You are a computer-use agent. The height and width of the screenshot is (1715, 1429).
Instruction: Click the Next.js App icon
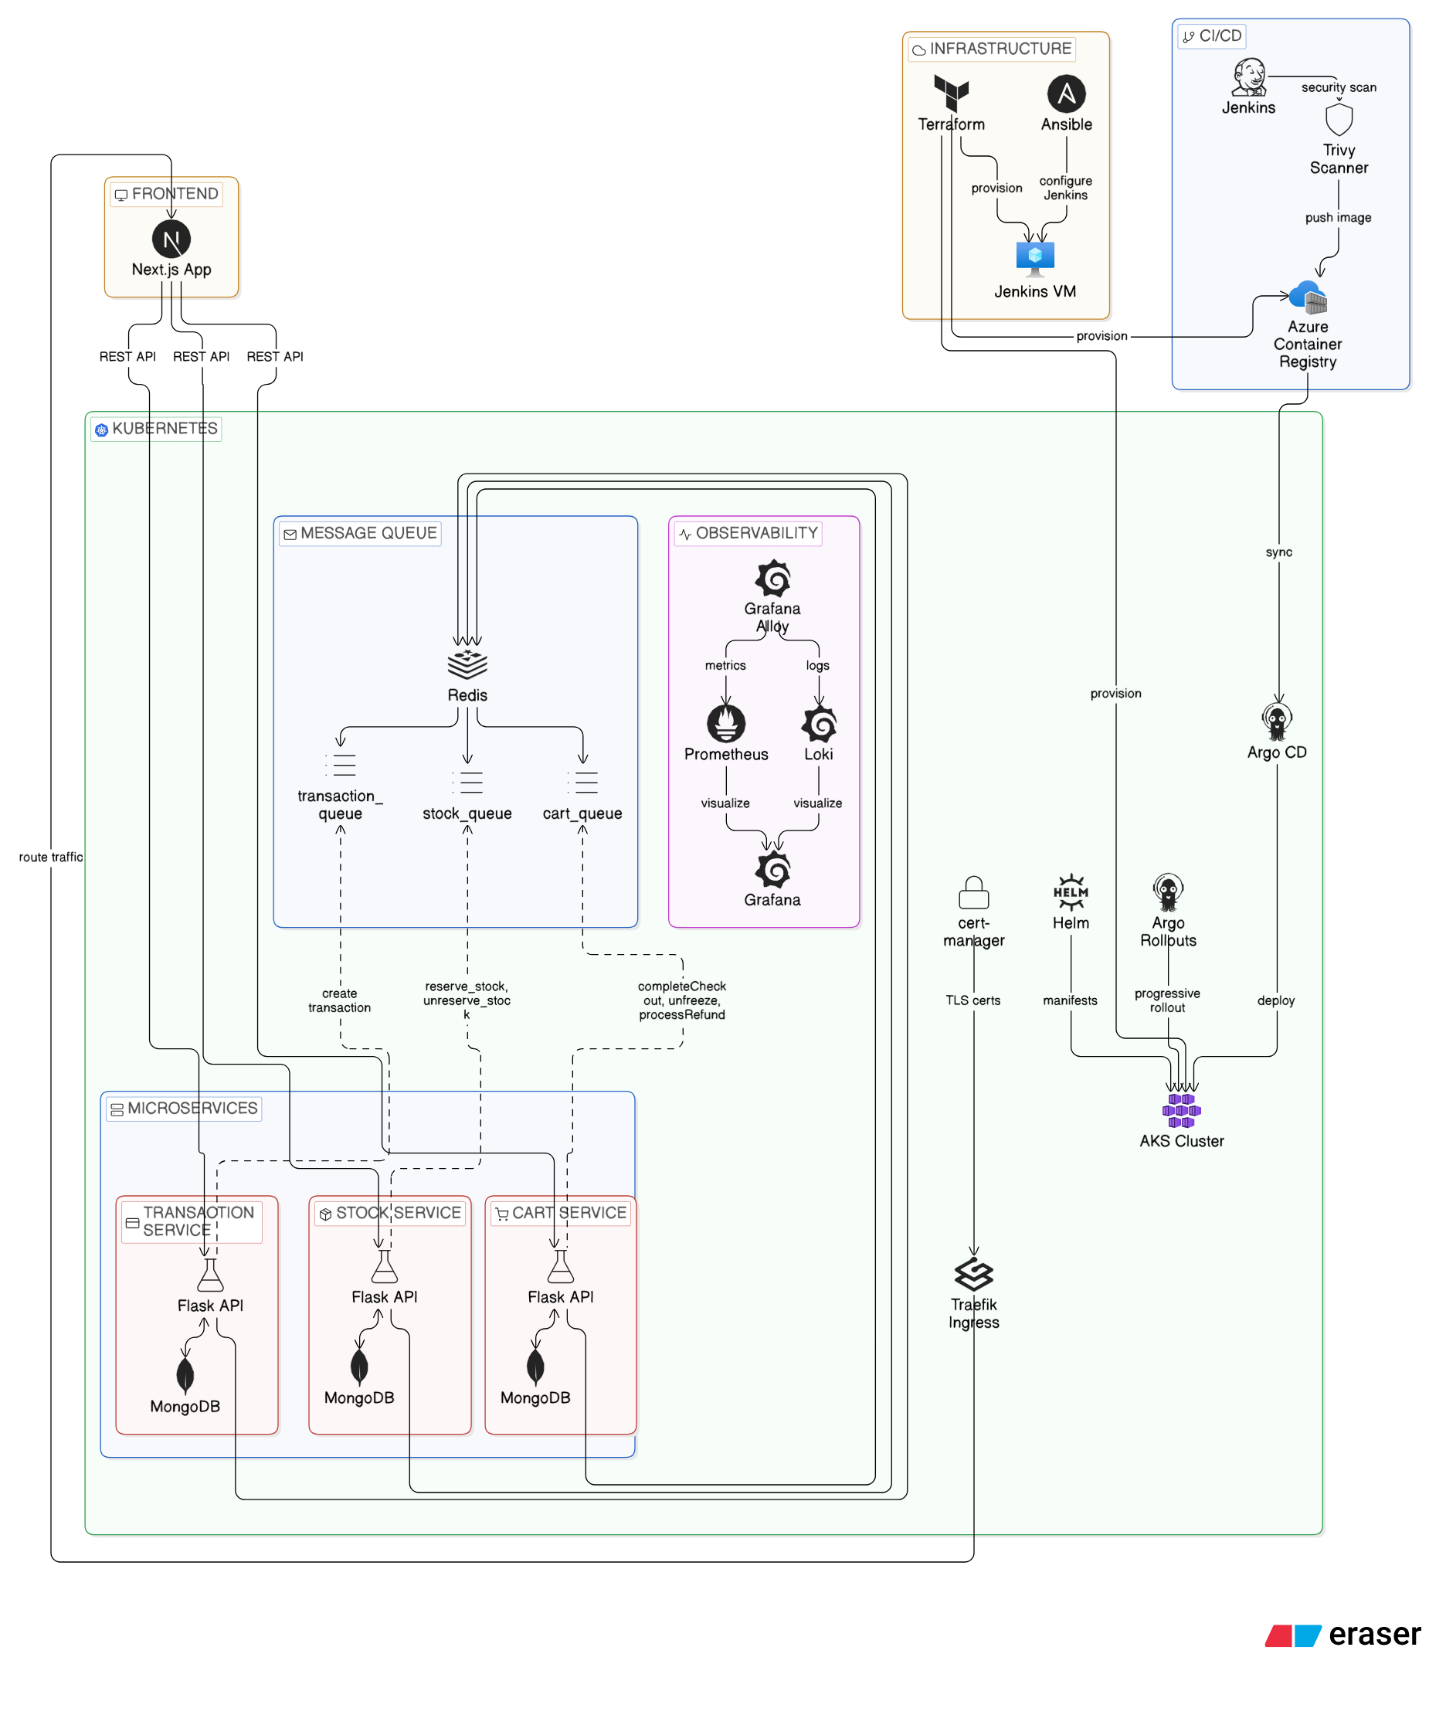coord(171,239)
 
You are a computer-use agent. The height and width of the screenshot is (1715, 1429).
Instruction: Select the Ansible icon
coord(1066,93)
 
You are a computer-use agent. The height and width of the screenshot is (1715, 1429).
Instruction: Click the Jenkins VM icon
coord(1034,258)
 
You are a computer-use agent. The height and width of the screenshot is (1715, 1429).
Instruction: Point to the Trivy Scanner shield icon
coord(1339,119)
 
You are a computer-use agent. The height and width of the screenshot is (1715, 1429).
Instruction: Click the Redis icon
coord(467,663)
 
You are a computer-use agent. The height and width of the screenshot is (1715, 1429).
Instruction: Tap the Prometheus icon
coord(726,723)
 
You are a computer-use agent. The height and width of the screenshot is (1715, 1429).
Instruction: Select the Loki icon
coord(818,724)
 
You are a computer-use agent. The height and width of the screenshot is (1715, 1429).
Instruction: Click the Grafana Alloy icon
coord(772,578)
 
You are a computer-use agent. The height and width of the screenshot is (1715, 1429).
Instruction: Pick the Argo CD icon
coord(1276,721)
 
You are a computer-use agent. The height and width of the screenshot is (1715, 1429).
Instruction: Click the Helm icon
coord(1070,891)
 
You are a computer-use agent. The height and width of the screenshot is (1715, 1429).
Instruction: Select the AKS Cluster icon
coord(1181,1111)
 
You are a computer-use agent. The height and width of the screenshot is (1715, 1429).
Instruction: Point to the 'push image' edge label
coord(1338,217)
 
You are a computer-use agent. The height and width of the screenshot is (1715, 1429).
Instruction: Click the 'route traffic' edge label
coord(51,857)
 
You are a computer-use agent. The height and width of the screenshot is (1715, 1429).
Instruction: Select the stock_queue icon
coord(467,783)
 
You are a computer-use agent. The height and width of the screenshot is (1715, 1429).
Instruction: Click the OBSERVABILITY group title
coord(755,532)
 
